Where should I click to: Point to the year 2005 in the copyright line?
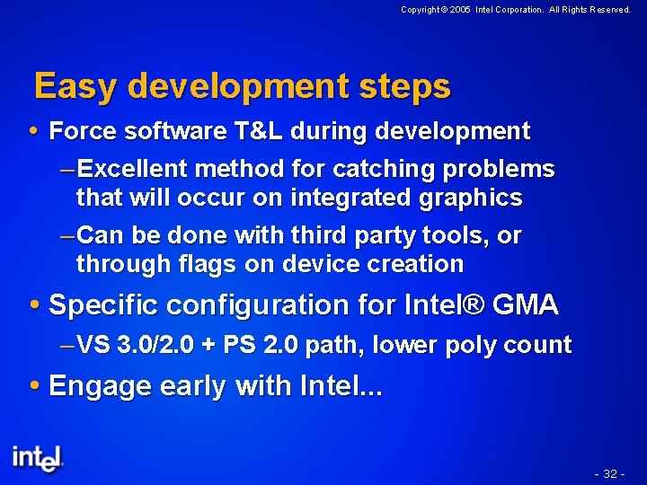[x=460, y=10]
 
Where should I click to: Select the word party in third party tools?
[x=347, y=235]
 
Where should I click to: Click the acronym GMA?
[x=525, y=305]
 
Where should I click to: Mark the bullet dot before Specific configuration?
[x=36, y=305]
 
